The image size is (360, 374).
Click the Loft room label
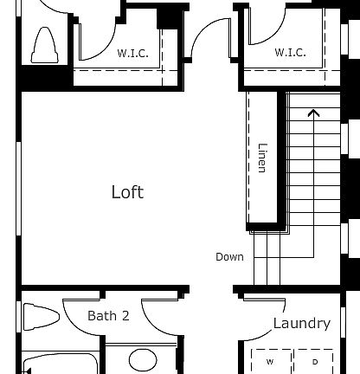pyautogui.click(x=127, y=192)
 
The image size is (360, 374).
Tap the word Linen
pyautogui.click(x=262, y=158)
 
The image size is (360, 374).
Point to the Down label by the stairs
pyautogui.click(x=229, y=257)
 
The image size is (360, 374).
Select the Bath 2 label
pyautogui.click(x=108, y=316)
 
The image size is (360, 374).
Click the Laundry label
pyautogui.click(x=301, y=324)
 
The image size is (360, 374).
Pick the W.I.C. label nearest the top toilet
pyautogui.click(x=132, y=53)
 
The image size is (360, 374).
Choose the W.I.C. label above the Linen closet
pyautogui.click(x=290, y=53)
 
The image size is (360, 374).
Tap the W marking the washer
pyautogui.click(x=270, y=361)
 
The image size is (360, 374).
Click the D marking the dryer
pyautogui.click(x=315, y=361)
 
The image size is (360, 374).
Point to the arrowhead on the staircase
pyautogui.click(x=312, y=112)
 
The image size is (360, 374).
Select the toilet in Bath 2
pyautogui.click(x=40, y=318)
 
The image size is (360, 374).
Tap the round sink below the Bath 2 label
pyautogui.click(x=144, y=361)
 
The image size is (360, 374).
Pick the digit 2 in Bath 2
pyautogui.click(x=125, y=316)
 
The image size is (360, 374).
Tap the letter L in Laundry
pyautogui.click(x=277, y=324)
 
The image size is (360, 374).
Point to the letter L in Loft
pyautogui.click(x=115, y=192)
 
